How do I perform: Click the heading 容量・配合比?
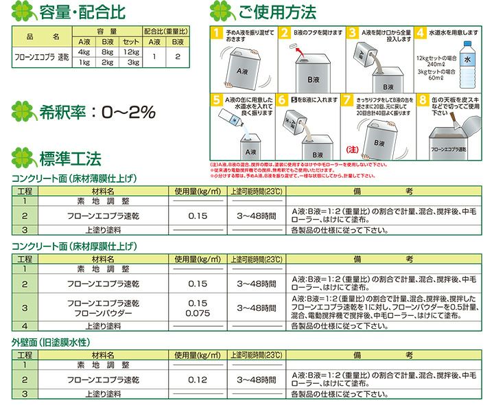pos(76,12)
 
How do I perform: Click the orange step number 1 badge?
pos(217,32)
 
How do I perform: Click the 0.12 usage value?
pos(198,379)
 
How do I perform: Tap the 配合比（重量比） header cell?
pos(167,32)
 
